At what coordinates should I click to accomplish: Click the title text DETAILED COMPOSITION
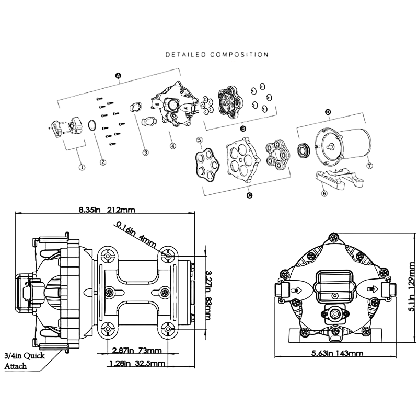pyautogui.click(x=217, y=54)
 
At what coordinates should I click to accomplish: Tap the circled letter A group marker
pyautogui.click(x=118, y=76)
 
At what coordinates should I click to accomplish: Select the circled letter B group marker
pyautogui.click(x=242, y=128)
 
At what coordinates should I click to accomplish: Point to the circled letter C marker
pyautogui.click(x=249, y=195)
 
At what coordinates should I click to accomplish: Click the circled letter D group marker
pyautogui.click(x=328, y=112)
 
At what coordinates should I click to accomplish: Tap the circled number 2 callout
pyautogui.click(x=103, y=162)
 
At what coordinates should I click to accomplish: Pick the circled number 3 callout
pyautogui.click(x=146, y=153)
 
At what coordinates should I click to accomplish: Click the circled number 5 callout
pyautogui.click(x=199, y=140)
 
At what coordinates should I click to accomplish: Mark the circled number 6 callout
pyautogui.click(x=324, y=193)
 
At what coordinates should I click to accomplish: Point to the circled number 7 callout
pyautogui.click(x=369, y=166)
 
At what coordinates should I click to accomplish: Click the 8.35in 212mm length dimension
pyautogui.click(x=107, y=210)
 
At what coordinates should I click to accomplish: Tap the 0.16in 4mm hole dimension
pyautogui.click(x=135, y=234)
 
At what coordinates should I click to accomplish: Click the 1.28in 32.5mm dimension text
pyautogui.click(x=136, y=363)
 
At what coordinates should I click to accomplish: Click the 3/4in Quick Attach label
pyautogui.click(x=24, y=361)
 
